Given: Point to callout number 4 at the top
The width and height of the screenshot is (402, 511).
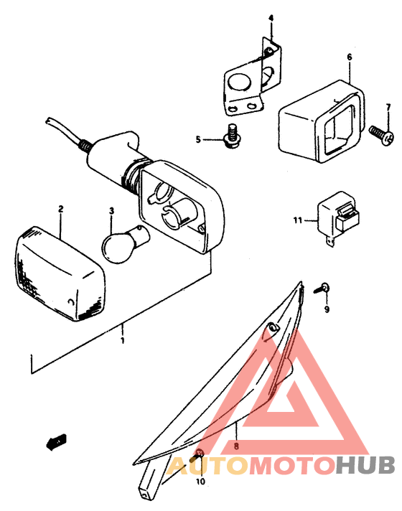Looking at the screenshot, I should (271, 17).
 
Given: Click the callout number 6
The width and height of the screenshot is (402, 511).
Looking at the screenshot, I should (349, 57).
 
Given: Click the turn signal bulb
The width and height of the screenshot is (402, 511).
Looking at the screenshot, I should (120, 242).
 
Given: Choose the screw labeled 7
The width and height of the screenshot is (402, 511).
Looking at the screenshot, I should (380, 133).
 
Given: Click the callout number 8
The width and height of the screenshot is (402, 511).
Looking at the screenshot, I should (235, 446).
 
